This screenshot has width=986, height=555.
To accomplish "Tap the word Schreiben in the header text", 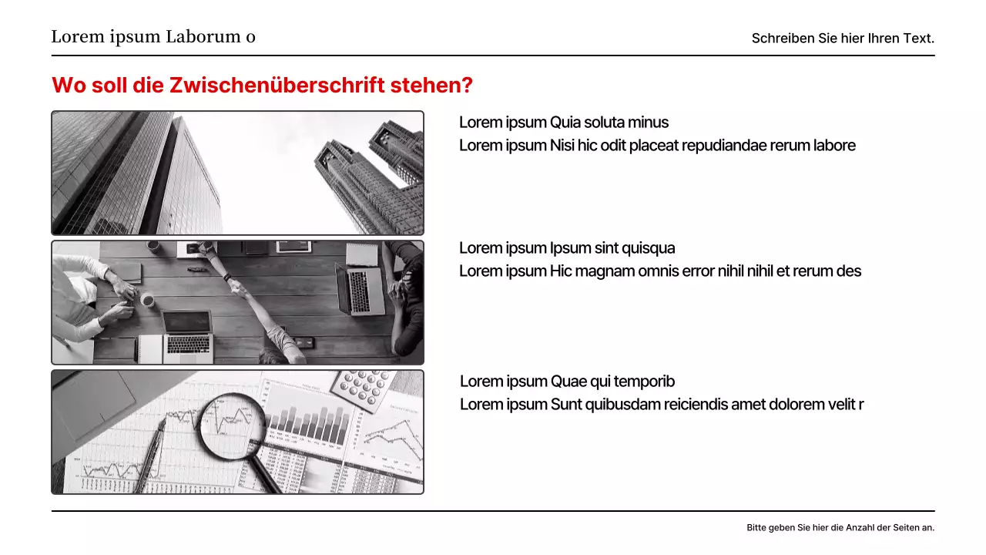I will [783, 38].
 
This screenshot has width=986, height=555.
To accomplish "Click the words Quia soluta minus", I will [609, 122].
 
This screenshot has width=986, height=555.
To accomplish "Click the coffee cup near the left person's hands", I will [147, 299].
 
